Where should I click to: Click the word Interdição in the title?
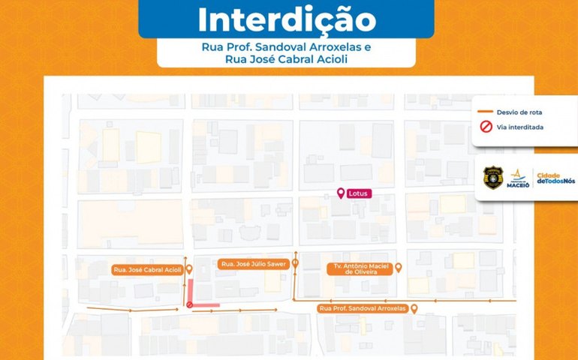[x=286, y=20]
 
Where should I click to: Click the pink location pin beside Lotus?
[x=342, y=193]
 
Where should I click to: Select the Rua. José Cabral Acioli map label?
[x=148, y=269]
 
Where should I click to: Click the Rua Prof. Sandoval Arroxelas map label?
[x=362, y=308]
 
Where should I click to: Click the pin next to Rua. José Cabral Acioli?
[x=189, y=269]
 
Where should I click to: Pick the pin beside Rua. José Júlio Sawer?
[x=296, y=263]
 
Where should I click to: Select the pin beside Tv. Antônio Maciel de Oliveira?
[x=399, y=268]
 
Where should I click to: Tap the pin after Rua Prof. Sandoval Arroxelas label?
[x=414, y=307]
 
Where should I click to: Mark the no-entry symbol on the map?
[x=189, y=304]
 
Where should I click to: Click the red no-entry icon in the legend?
[x=485, y=127]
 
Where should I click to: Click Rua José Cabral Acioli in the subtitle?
[x=285, y=59]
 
